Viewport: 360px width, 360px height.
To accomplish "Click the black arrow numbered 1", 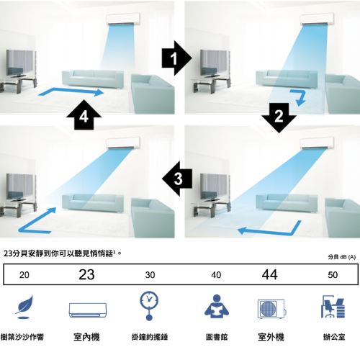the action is tap(176, 58).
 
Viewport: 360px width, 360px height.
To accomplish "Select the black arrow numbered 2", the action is tap(279, 117).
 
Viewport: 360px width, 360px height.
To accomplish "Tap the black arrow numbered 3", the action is tap(177, 179).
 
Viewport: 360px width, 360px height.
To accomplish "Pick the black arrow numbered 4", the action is tap(84, 115).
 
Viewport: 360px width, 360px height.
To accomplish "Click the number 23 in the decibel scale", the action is tap(86, 274).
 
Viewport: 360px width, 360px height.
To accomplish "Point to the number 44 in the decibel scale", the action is tap(270, 274).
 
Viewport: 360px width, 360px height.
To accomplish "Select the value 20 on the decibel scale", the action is tap(24, 275).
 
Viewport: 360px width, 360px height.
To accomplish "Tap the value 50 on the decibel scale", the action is tap(333, 275).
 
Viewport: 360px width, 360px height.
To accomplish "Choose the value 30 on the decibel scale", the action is tap(150, 275).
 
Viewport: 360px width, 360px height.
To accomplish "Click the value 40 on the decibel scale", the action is tap(216, 275).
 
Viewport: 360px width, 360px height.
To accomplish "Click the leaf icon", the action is tap(24, 307).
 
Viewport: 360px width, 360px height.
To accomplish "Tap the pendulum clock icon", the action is tap(149, 306).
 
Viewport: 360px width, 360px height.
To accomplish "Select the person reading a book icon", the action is tap(217, 307).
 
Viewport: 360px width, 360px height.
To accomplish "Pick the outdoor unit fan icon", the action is tap(271, 309).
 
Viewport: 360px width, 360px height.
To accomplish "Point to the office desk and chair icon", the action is tap(333, 307).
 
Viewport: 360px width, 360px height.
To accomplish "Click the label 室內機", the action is tap(86, 337).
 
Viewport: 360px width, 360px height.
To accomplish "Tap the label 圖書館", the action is tap(217, 337).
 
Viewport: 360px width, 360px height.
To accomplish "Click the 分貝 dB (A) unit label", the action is tap(342, 257).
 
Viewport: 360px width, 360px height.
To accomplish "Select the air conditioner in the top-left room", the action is tap(123, 19).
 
